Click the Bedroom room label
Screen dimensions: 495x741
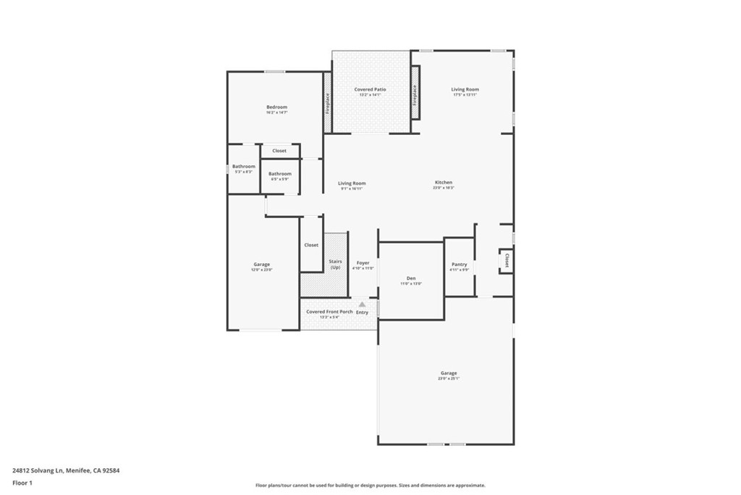click(276, 107)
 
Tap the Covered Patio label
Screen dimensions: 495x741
click(370, 90)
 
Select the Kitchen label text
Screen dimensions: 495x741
click(444, 183)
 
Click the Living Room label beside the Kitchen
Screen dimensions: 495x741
click(352, 183)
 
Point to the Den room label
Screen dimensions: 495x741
click(411, 278)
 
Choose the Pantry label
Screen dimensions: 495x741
click(460, 265)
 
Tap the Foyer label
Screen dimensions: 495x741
click(363, 263)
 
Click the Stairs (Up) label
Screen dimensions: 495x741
click(335, 264)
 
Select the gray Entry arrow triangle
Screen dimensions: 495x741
click(363, 304)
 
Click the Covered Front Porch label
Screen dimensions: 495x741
click(329, 312)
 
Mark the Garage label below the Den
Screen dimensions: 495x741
click(449, 373)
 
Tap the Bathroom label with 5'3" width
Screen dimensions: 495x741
click(244, 167)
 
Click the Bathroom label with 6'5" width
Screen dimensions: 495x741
click(280, 174)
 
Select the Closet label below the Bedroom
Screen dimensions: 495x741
click(279, 151)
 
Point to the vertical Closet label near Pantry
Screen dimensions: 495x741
click(507, 261)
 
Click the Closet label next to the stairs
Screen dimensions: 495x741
click(311, 245)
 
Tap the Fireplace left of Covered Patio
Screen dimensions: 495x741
click(328, 103)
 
